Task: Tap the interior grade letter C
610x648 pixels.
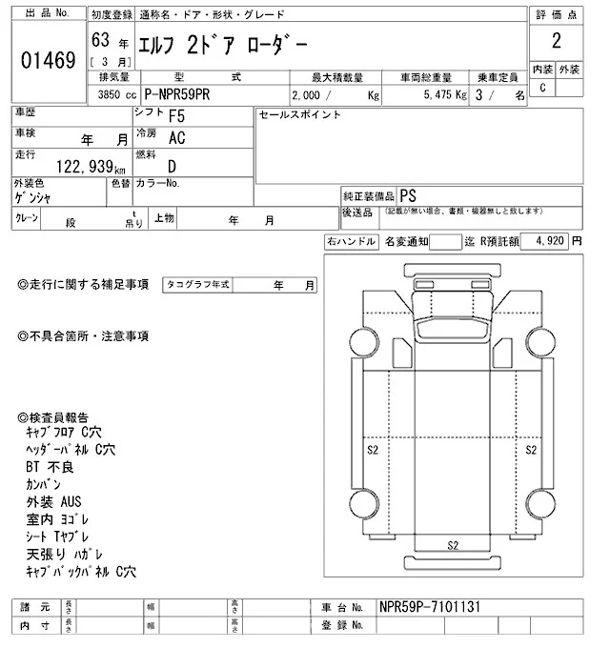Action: pyautogui.click(x=542, y=89)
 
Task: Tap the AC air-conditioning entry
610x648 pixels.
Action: pyautogui.click(x=176, y=138)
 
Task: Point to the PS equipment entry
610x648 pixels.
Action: pyautogui.click(x=407, y=193)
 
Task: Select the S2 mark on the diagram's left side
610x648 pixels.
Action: pyautogui.click(x=373, y=447)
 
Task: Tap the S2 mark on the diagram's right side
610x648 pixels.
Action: pyautogui.click(x=532, y=447)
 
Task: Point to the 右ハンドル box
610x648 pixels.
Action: pyautogui.click(x=351, y=242)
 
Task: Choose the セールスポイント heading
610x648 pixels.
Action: pyautogui.click(x=300, y=115)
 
